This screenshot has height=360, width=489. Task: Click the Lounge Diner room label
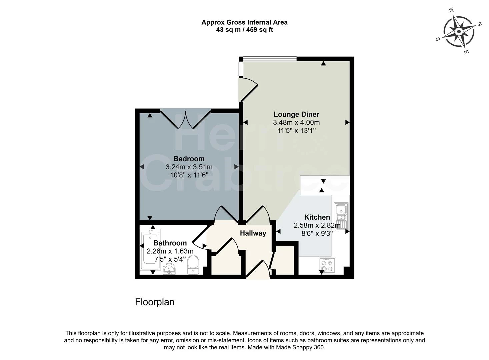point(296,114)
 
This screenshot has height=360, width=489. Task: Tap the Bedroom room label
point(189,159)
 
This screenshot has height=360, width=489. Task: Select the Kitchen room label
point(317,217)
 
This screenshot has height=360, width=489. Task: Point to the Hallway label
point(253,233)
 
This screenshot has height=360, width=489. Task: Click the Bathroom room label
point(170,243)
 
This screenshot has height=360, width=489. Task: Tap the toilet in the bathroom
point(193,265)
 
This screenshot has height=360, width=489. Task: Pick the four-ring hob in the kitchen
point(327,265)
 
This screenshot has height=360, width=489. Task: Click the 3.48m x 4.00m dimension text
point(296,123)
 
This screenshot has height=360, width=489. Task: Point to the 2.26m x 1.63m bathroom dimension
point(170,251)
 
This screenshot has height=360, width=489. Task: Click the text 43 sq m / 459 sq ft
point(244,30)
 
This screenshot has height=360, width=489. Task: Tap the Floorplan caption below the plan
point(155,302)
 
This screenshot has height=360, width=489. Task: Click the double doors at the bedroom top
point(185,119)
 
